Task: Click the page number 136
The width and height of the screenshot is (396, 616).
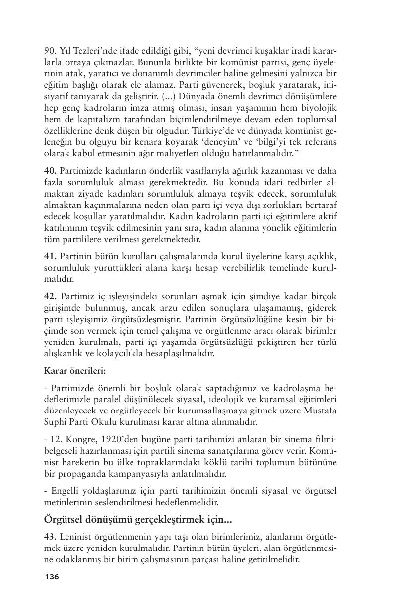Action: pyautogui.click(x=52, y=577)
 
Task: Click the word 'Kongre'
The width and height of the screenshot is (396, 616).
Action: pyautogui.click(x=78, y=440)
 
